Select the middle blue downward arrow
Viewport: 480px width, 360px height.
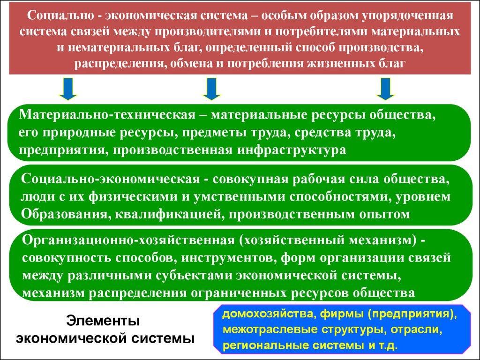(211, 89)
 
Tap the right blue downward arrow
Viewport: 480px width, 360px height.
(386, 89)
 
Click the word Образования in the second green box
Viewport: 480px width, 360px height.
(62, 214)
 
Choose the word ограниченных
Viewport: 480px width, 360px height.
(237, 292)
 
